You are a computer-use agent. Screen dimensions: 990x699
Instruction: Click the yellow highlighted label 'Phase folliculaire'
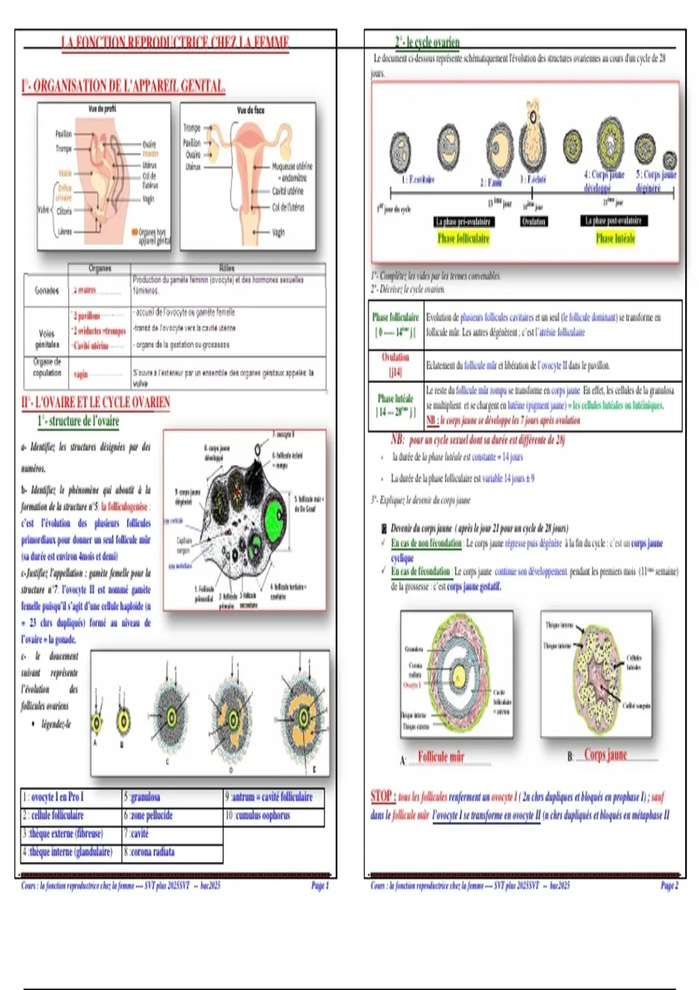point(463,238)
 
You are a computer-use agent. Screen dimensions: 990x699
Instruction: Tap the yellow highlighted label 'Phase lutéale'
point(615,238)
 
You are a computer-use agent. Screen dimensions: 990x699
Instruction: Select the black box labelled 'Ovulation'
point(534,221)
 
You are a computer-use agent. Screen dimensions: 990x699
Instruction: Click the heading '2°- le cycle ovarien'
point(427,41)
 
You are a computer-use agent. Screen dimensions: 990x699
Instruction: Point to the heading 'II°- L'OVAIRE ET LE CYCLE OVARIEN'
point(96,402)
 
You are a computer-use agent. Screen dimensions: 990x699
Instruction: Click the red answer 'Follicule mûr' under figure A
point(441,756)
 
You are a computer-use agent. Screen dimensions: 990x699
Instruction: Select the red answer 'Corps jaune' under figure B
point(605,755)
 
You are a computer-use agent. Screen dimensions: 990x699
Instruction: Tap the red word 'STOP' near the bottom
point(382,796)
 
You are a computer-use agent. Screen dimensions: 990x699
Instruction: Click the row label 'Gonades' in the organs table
point(47,291)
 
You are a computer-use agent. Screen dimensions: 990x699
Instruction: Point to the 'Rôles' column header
point(227,268)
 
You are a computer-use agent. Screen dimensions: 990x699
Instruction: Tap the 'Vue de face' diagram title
point(250,110)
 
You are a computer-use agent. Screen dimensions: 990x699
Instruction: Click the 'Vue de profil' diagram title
point(103,109)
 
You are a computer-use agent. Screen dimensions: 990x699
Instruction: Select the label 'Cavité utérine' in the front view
point(287,191)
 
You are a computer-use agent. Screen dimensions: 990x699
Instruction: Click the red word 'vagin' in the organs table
point(80,374)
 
